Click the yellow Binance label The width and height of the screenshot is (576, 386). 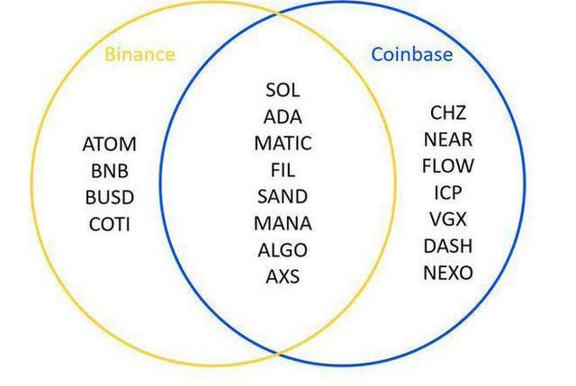pyautogui.click(x=139, y=54)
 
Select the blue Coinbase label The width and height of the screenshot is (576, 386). pyautogui.click(x=412, y=54)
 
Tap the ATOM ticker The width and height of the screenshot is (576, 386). pyautogui.click(x=110, y=144)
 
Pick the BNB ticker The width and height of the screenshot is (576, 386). pyautogui.click(x=110, y=171)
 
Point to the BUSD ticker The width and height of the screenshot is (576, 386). pyautogui.click(x=110, y=198)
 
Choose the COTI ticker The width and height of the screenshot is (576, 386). pyautogui.click(x=110, y=224)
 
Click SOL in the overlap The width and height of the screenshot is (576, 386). pyautogui.click(x=283, y=90)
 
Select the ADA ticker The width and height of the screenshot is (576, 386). pyautogui.click(x=283, y=117)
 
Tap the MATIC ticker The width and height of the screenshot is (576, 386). pyautogui.click(x=283, y=144)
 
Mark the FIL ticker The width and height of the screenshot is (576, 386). pyautogui.click(x=283, y=170)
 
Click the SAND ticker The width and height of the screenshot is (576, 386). pyautogui.click(x=283, y=197)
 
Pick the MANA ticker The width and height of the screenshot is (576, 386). pyautogui.click(x=283, y=223)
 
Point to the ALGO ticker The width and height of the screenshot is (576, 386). pyautogui.click(x=283, y=250)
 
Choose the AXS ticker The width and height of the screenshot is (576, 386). pyautogui.click(x=283, y=276)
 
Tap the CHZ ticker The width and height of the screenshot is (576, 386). pyautogui.click(x=448, y=112)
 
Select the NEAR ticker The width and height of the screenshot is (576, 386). pyautogui.click(x=448, y=139)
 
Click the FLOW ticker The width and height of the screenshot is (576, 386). pyautogui.click(x=448, y=166)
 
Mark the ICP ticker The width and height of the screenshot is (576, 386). pyautogui.click(x=448, y=193)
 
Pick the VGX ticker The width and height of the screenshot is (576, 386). pyautogui.click(x=448, y=220)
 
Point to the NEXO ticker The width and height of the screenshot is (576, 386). pyautogui.click(x=448, y=273)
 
